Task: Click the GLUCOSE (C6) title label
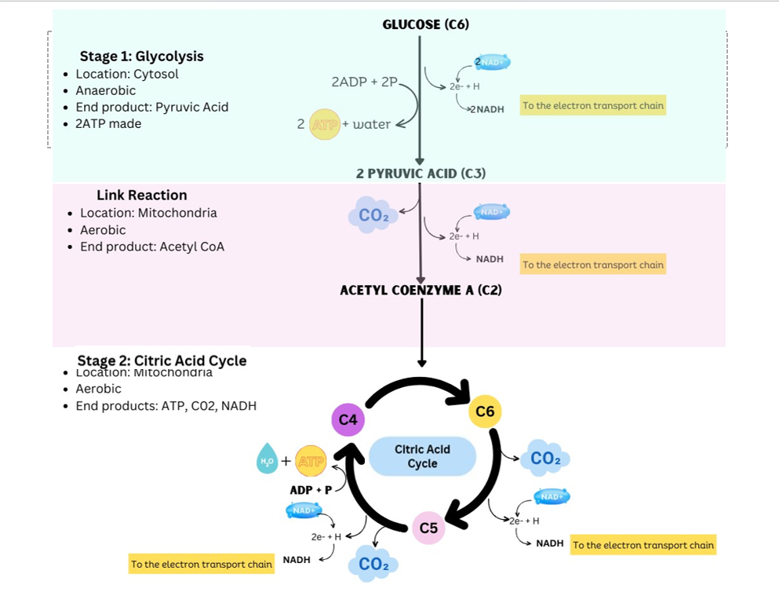click(x=425, y=24)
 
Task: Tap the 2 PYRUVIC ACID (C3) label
click(x=420, y=174)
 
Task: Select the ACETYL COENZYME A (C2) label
click(x=420, y=290)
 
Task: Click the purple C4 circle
click(x=349, y=420)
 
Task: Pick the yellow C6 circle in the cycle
click(x=485, y=412)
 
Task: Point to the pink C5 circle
click(x=428, y=528)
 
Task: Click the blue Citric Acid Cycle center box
click(x=422, y=456)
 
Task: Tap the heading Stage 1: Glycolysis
click(x=141, y=57)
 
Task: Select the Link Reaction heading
click(x=141, y=196)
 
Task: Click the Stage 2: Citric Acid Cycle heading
click(x=162, y=360)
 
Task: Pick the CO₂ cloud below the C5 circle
click(x=373, y=563)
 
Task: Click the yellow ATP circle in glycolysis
click(x=324, y=124)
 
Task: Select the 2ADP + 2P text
click(x=364, y=82)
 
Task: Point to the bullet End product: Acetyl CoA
click(x=151, y=247)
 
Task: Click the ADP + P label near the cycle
click(x=311, y=490)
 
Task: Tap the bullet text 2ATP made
click(x=108, y=123)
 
